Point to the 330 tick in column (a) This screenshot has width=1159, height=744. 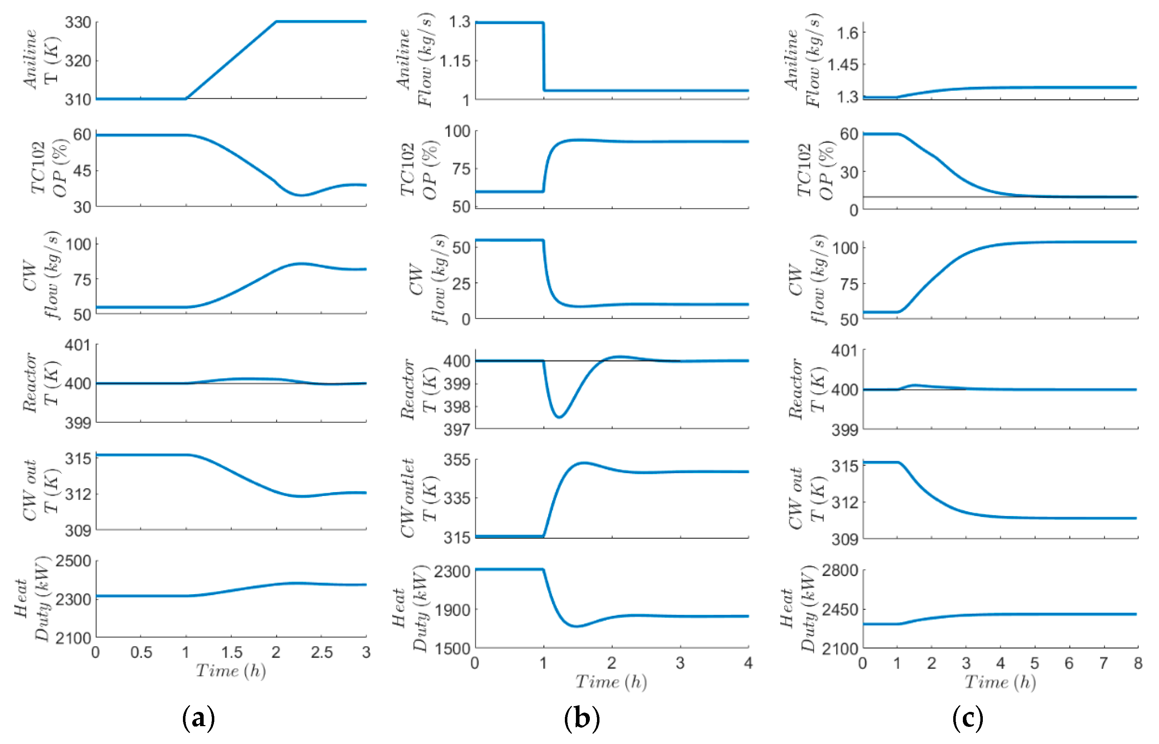coord(78,22)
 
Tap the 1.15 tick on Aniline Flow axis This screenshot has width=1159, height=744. coord(455,61)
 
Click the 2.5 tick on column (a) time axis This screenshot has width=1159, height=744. coord(321,653)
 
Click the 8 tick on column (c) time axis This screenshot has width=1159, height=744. coord(1138,663)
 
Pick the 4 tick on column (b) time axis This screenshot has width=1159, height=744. coord(748,663)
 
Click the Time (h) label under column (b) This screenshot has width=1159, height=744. coord(611,682)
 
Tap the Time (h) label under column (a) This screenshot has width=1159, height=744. coord(231,670)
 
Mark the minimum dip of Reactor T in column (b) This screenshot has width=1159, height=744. coord(559,417)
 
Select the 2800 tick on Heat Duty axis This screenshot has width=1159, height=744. coord(840,570)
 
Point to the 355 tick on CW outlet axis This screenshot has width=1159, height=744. coord(457,460)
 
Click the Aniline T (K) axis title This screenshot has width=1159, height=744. coord(41,60)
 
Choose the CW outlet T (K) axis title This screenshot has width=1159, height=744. coord(418,498)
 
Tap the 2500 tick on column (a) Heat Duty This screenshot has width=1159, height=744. coord(73,561)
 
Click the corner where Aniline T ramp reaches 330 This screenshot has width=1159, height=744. coord(276,22)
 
